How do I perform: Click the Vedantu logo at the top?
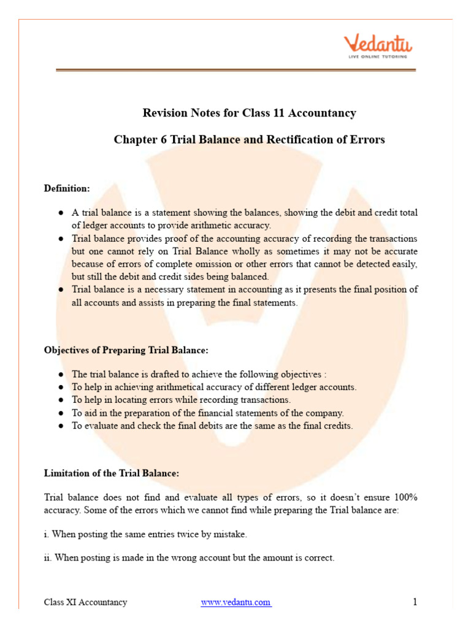tap(378, 44)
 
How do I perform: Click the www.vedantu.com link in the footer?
tap(236, 602)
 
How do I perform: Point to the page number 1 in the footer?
tap(415, 602)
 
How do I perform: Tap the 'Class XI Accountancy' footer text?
tap(86, 602)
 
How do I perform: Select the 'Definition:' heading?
tap(67, 188)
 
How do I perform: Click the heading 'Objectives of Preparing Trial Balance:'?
tap(126, 350)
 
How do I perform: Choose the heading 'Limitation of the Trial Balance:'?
tap(111, 473)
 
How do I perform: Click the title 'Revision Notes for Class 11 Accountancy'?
tap(249, 113)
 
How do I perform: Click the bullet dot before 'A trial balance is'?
tap(61, 213)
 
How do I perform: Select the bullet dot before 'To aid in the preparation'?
tap(61, 413)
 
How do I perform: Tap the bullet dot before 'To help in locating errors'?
tap(61, 400)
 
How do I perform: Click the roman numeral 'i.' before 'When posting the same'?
tap(47, 534)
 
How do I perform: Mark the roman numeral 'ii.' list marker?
tap(48, 558)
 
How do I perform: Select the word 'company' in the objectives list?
tap(326, 413)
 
